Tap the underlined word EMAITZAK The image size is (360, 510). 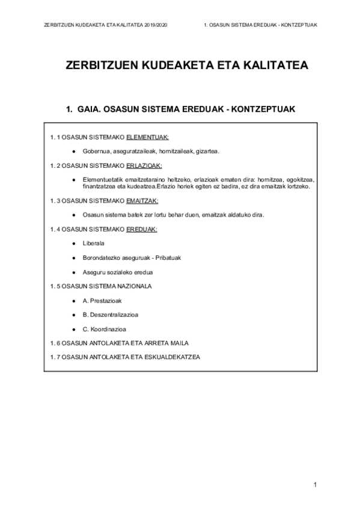(142, 200)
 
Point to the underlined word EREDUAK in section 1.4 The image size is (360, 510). (141, 229)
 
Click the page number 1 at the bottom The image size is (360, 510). (315, 485)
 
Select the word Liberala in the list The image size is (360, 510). (93, 243)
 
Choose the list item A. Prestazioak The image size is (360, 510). (101, 300)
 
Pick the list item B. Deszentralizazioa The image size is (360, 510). (111, 315)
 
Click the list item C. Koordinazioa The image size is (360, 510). (104, 329)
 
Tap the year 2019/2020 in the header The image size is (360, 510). (157, 25)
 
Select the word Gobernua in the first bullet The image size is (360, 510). (96, 151)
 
